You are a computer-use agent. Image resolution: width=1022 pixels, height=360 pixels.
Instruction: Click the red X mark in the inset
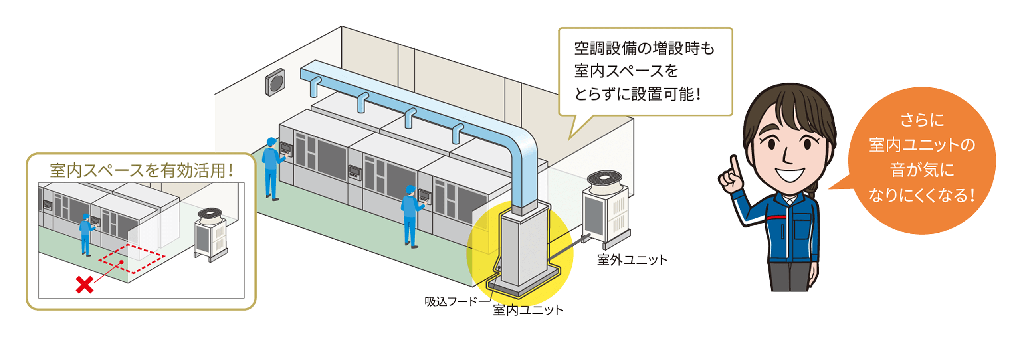(84, 285)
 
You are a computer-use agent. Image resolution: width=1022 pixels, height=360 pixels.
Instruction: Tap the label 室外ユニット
(632, 260)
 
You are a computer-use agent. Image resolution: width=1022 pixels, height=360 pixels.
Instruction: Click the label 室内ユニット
(528, 310)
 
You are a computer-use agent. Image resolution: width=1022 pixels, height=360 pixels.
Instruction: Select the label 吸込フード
(451, 301)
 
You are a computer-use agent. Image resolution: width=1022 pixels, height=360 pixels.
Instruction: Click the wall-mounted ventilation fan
(275, 82)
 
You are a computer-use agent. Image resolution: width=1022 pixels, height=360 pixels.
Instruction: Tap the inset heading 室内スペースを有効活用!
(141, 170)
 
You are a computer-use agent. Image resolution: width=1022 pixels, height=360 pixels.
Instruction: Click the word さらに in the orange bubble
(922, 120)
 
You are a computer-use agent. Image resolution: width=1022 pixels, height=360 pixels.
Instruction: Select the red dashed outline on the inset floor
(132, 259)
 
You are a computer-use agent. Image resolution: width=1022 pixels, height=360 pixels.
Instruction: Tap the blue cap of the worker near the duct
(410, 189)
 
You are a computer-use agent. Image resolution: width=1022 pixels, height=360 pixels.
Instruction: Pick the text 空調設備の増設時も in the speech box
(644, 49)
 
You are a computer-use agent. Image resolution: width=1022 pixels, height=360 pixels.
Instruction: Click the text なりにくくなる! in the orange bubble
(922, 196)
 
